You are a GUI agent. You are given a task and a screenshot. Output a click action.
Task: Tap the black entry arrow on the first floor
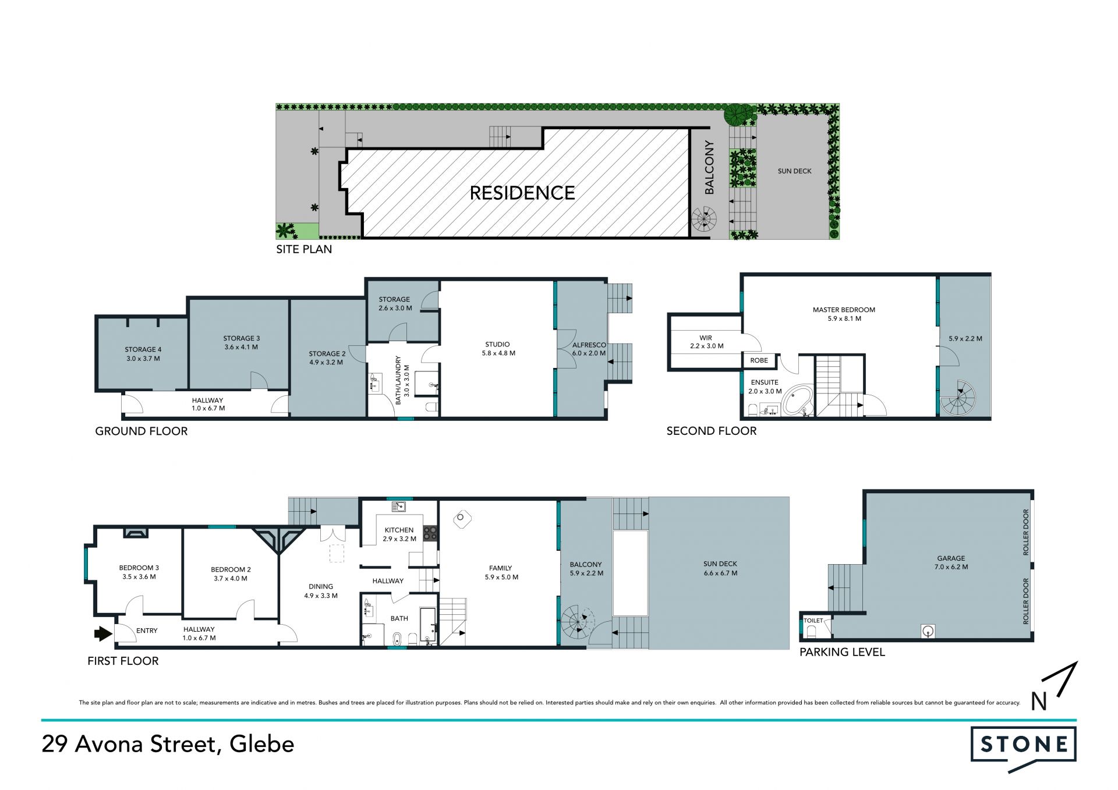coord(103,633)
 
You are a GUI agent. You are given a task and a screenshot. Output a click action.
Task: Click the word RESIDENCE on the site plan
coord(522,193)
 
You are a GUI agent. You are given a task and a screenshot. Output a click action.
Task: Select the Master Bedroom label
coord(844,314)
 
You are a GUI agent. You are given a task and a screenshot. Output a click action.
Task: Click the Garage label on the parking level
coord(951,562)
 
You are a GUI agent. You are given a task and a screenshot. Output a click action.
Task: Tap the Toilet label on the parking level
coord(813,621)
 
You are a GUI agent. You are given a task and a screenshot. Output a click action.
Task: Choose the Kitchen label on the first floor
coord(399,534)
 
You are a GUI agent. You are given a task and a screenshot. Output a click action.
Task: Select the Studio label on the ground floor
coord(498,349)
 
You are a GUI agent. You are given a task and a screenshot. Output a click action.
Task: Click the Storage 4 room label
coord(143,354)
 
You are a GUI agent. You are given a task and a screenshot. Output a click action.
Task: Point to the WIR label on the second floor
coord(706,342)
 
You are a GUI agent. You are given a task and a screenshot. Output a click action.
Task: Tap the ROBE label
coord(759,360)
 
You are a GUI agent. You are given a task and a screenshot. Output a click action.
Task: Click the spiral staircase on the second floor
coord(958,399)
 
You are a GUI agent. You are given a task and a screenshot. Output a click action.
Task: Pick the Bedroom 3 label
coord(139,572)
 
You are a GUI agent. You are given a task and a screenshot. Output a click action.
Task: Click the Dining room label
coord(321,591)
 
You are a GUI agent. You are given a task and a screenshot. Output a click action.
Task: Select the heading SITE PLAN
coord(304,249)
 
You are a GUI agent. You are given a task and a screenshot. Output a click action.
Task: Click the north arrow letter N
coord(1039,702)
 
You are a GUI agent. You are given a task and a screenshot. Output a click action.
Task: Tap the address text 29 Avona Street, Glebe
coord(168,744)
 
